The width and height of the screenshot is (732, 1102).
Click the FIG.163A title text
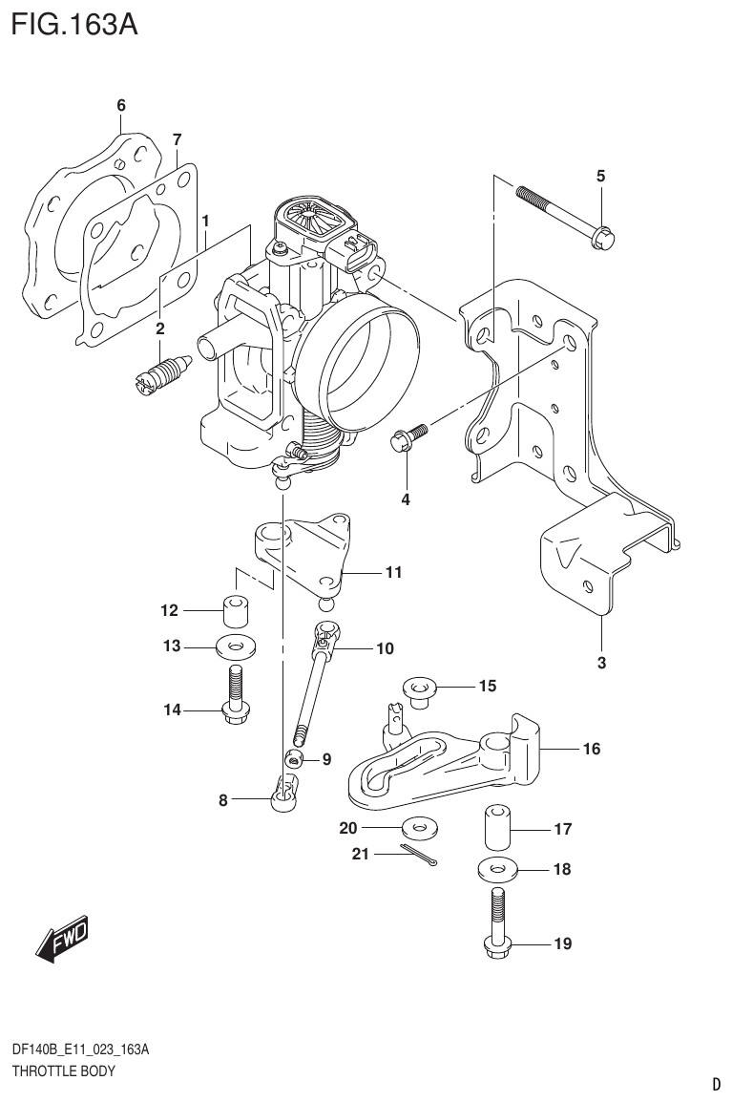click(73, 23)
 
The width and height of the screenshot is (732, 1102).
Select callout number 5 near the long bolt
click(600, 176)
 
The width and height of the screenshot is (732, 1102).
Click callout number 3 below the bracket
click(601, 662)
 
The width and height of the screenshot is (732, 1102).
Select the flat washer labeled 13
click(234, 646)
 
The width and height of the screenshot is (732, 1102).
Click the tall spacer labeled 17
click(496, 827)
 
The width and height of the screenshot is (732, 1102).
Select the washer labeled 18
click(495, 869)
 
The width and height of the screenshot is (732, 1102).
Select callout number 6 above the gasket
click(121, 106)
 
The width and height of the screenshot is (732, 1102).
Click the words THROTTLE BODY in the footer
click(63, 1070)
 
